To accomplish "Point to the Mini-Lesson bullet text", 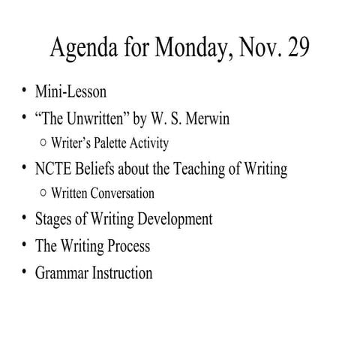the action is [x=70, y=93].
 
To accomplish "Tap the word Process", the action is [x=126, y=246].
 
